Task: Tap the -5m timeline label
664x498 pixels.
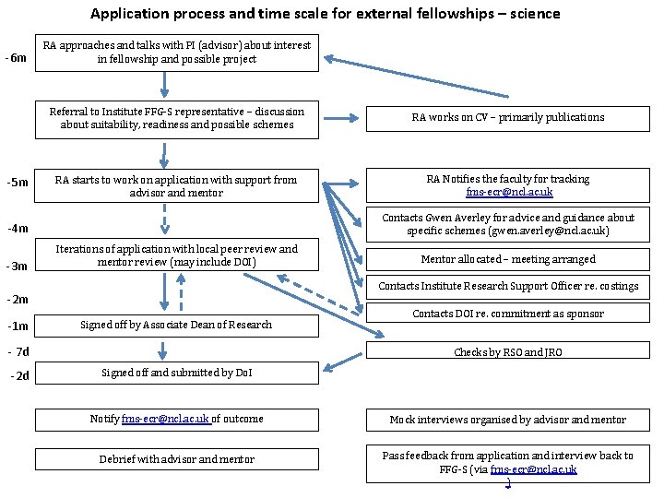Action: point(17,182)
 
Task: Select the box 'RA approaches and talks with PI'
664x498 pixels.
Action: point(177,53)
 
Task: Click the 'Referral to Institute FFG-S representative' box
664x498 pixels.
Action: point(176,119)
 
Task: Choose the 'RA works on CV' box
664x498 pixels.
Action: point(508,117)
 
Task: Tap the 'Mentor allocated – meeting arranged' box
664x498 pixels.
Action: point(508,259)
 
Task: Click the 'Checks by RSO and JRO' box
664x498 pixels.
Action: point(508,352)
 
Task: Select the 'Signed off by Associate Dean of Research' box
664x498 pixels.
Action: point(176,325)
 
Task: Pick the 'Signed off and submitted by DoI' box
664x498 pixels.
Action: point(176,373)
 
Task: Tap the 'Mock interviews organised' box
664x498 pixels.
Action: point(508,420)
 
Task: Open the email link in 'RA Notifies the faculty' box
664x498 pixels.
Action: point(509,192)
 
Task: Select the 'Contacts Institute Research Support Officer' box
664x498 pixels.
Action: point(508,286)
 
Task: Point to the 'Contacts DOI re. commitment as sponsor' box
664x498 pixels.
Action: point(508,314)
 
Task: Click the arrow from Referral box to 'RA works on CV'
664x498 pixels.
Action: point(342,118)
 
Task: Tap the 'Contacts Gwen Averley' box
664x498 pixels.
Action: point(508,224)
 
